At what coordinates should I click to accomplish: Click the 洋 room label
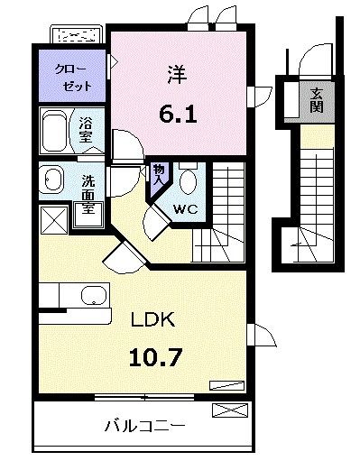pyautogui.click(x=177, y=77)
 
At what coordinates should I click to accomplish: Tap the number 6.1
pyautogui.click(x=177, y=115)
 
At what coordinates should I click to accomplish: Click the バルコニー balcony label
pyautogui.click(x=143, y=424)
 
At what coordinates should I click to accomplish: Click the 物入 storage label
pyautogui.click(x=159, y=173)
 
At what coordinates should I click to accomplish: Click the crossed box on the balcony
pyautogui.click(x=229, y=411)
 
